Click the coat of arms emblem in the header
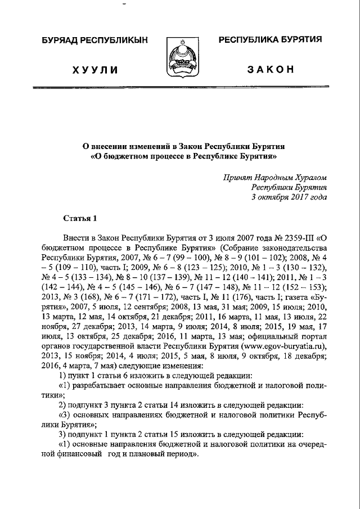(x=180, y=58)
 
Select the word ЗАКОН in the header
(x=270, y=69)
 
